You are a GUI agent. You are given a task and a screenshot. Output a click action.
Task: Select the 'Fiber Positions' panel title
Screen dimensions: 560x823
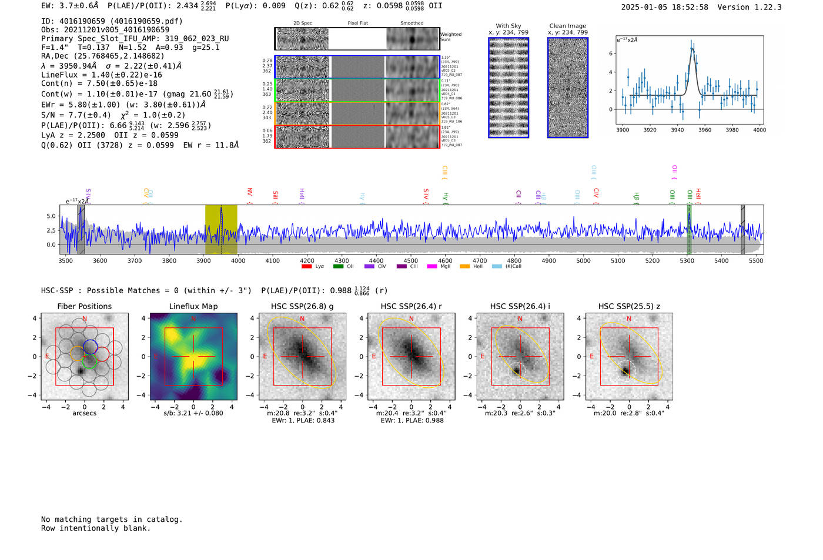pyautogui.click(x=84, y=306)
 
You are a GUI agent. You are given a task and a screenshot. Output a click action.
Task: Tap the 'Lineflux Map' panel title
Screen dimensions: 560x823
pyautogui.click(x=193, y=306)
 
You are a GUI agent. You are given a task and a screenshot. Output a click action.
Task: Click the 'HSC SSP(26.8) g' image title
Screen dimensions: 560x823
pyautogui.click(x=302, y=306)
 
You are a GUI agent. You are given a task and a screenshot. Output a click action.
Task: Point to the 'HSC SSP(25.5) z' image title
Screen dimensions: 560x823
pyautogui.click(x=629, y=306)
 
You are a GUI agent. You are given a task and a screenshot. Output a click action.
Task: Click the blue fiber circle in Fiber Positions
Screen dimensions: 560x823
pyautogui.click(x=90, y=346)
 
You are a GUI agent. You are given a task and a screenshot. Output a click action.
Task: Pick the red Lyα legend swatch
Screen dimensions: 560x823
pyautogui.click(x=306, y=267)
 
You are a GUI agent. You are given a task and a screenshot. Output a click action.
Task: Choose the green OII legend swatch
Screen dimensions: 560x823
pyautogui.click(x=338, y=267)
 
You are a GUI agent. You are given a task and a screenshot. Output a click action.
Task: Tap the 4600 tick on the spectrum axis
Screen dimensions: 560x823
pyautogui.click(x=445, y=260)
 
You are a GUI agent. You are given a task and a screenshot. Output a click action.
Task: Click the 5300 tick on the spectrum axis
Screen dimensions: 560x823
pyautogui.click(x=687, y=260)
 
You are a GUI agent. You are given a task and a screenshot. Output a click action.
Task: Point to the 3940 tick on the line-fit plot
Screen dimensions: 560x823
pyautogui.click(x=677, y=130)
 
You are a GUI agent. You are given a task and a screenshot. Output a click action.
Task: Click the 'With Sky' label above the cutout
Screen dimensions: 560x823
pyautogui.click(x=508, y=26)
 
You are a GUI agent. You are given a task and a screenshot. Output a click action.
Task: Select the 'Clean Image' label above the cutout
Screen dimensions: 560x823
pyautogui.click(x=568, y=26)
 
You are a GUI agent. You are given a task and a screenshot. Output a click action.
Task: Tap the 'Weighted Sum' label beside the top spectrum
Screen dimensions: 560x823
pyautogui.click(x=451, y=36)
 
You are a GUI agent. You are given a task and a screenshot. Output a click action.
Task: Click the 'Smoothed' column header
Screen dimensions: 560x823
pyautogui.click(x=412, y=23)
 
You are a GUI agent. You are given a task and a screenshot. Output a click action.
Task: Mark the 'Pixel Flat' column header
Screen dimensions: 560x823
pyautogui.click(x=357, y=23)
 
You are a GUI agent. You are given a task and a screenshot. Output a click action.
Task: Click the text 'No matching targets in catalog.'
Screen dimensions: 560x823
pyautogui.click(x=112, y=519)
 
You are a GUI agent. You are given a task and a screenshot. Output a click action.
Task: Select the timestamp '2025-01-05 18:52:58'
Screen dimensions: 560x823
pyautogui.click(x=664, y=7)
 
